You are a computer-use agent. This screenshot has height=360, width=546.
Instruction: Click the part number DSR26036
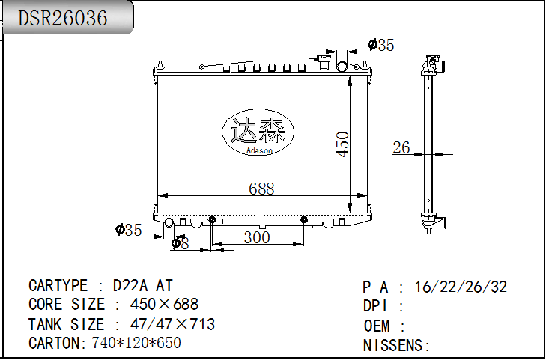tap(63, 19)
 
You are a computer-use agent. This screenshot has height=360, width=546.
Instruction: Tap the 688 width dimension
tap(261, 189)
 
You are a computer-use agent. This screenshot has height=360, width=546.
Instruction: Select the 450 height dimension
tap(342, 144)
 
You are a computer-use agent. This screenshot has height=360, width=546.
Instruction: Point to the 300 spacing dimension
tap(257, 237)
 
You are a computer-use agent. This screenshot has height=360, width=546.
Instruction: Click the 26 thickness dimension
tap(401, 147)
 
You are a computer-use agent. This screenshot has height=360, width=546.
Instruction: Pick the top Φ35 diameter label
tap(381, 45)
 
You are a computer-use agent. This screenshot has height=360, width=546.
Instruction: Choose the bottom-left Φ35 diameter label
tap(128, 230)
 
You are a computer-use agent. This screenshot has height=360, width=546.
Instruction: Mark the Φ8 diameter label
tap(180, 243)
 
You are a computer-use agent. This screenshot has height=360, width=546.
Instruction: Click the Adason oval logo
tap(258, 133)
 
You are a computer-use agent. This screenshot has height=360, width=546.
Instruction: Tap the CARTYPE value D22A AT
tap(143, 286)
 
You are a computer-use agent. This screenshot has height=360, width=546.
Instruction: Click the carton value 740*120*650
tap(136, 343)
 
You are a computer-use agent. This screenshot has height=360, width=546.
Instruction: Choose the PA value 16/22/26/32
tap(461, 287)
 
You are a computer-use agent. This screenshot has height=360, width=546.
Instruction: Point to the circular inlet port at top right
tap(343, 67)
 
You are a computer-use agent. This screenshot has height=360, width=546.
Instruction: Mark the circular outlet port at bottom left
tap(169, 223)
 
